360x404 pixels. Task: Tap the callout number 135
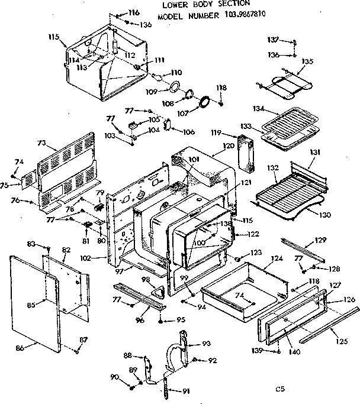click(307, 61)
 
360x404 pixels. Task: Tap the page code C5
click(280, 389)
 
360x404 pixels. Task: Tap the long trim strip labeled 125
click(329, 324)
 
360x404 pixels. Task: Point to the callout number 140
click(294, 352)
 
